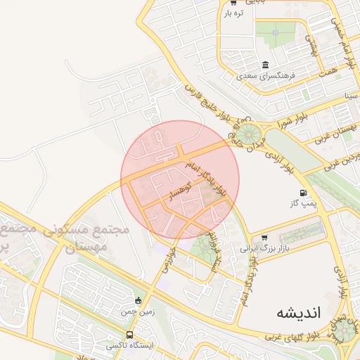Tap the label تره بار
(233, 13)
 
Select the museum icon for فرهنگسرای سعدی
(266, 64)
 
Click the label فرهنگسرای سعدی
(265, 74)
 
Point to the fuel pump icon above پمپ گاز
(303, 193)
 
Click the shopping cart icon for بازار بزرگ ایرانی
(264, 238)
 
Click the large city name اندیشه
(297, 313)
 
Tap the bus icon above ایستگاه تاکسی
(129, 335)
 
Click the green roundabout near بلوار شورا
(247, 131)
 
